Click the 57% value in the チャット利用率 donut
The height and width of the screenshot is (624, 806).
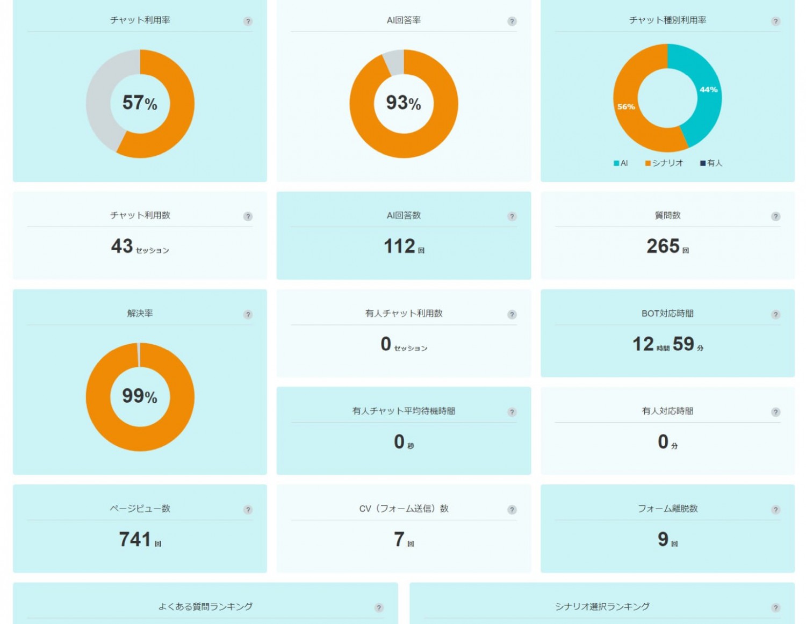pos(140,103)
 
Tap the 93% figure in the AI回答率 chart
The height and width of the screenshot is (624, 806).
pos(404,103)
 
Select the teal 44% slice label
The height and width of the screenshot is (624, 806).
pos(708,90)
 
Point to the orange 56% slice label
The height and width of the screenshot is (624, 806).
pos(626,107)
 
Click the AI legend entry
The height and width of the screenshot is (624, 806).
pos(621,163)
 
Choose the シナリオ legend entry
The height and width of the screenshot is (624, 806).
pos(664,163)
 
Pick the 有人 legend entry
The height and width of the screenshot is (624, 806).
pos(711,163)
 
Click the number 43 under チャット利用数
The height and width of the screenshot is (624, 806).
pos(122,246)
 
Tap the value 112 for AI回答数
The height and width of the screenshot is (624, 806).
pos(399,246)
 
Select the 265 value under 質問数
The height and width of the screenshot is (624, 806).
pos(663,246)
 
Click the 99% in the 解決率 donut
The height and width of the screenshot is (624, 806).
pos(140,396)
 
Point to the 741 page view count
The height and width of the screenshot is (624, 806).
pos(134,539)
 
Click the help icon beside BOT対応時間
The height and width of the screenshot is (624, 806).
pos(775,315)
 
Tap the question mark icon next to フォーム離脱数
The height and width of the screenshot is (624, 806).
pos(775,510)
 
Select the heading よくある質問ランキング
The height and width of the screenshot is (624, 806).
pos(205,607)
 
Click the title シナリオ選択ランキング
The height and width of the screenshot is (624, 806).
pos(602,607)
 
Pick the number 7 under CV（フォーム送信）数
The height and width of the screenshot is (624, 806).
pos(399,539)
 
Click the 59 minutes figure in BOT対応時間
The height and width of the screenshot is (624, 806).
pos(683,344)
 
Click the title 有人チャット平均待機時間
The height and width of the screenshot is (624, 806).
pos(404,411)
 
